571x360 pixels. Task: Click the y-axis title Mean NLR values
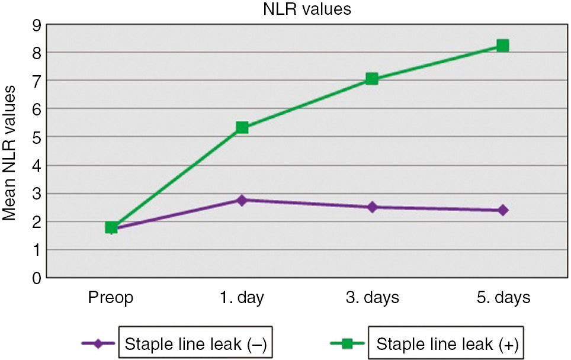tap(10, 152)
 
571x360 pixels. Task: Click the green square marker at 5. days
tap(503, 46)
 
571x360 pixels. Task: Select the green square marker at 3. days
tap(372, 79)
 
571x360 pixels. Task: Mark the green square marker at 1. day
tap(242, 127)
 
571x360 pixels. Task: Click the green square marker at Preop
tap(111, 227)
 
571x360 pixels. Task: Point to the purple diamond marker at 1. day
tap(242, 200)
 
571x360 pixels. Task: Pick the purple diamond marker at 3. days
tap(372, 207)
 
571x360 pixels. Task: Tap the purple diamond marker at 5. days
tap(503, 210)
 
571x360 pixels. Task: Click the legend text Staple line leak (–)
tap(195, 343)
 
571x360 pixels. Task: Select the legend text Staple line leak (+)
tap(447, 343)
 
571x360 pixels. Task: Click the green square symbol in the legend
tap(347, 343)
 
